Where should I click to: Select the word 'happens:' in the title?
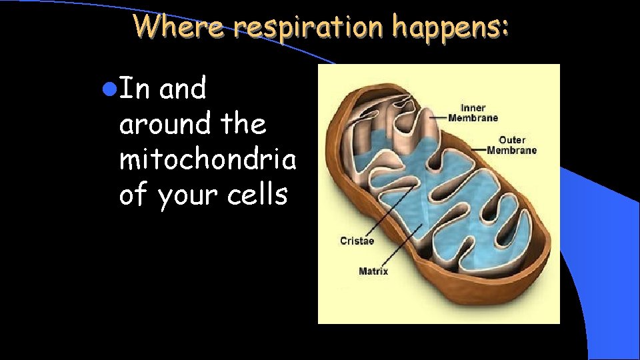point(450,26)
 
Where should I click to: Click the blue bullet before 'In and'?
point(111,87)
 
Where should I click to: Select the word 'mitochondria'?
point(207,159)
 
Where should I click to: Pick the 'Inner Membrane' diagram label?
point(473,113)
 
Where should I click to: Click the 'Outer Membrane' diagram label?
point(511,145)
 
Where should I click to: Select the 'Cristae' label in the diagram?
point(357,241)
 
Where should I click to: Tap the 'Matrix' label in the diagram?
point(373,271)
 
